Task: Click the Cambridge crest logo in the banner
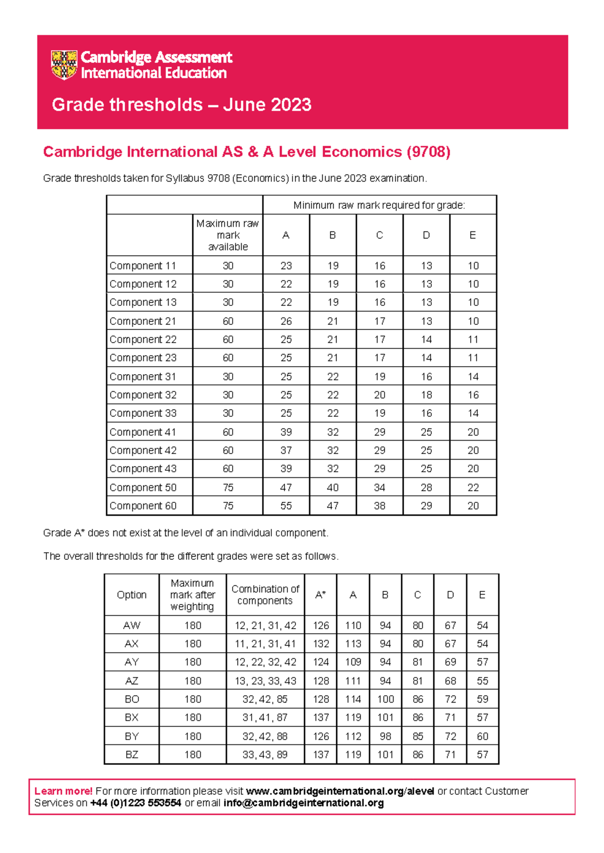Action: (x=64, y=64)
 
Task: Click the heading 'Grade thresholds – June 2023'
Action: (x=181, y=105)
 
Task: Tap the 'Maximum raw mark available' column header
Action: (x=228, y=235)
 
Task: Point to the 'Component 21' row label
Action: (x=143, y=321)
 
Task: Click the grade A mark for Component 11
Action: (x=286, y=266)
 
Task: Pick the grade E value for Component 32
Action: (x=473, y=395)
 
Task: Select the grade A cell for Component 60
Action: (x=286, y=505)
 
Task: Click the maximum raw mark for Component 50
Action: (x=228, y=487)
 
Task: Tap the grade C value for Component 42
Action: (x=380, y=450)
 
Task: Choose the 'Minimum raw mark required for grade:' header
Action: (x=379, y=205)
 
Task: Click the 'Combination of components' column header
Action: (x=265, y=594)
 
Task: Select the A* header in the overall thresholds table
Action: (x=321, y=594)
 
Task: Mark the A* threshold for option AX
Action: (x=321, y=643)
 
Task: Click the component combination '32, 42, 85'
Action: (x=265, y=699)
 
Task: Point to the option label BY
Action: (x=131, y=736)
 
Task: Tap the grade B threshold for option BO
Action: (x=385, y=699)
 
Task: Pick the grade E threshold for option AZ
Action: (x=482, y=680)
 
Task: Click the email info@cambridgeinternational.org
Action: (x=304, y=803)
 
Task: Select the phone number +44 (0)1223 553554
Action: (x=135, y=803)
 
